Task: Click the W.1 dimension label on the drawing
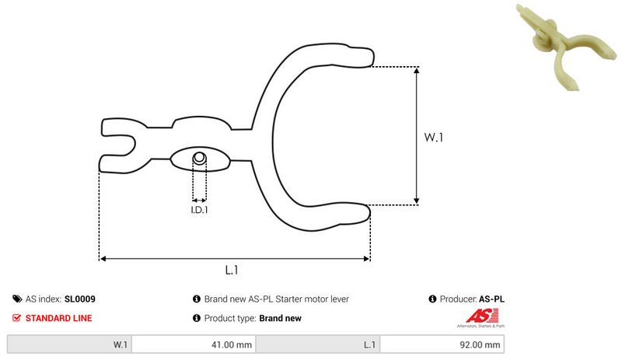pyautogui.click(x=433, y=138)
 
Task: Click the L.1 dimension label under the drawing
pyautogui.click(x=231, y=270)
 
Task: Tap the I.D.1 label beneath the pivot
pyautogui.click(x=200, y=209)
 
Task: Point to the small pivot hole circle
pyautogui.click(x=200, y=159)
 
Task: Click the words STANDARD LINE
pyautogui.click(x=58, y=318)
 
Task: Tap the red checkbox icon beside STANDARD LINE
pyautogui.click(x=17, y=318)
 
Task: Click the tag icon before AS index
pyautogui.click(x=17, y=299)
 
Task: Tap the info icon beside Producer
pyautogui.click(x=432, y=299)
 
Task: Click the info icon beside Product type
pyautogui.click(x=196, y=318)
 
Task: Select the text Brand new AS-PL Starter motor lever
pyautogui.click(x=276, y=299)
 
